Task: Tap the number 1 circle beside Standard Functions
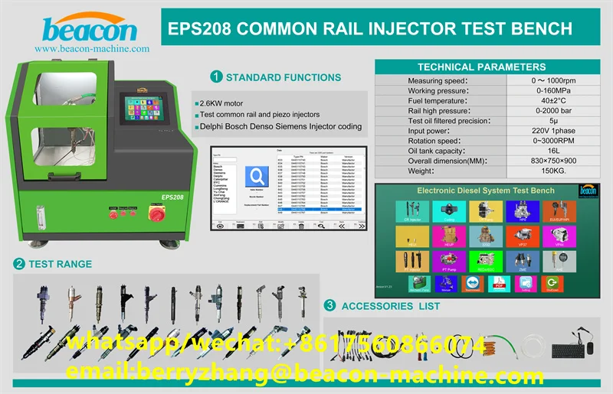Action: (x=216, y=77)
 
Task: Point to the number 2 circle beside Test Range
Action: (x=18, y=265)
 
